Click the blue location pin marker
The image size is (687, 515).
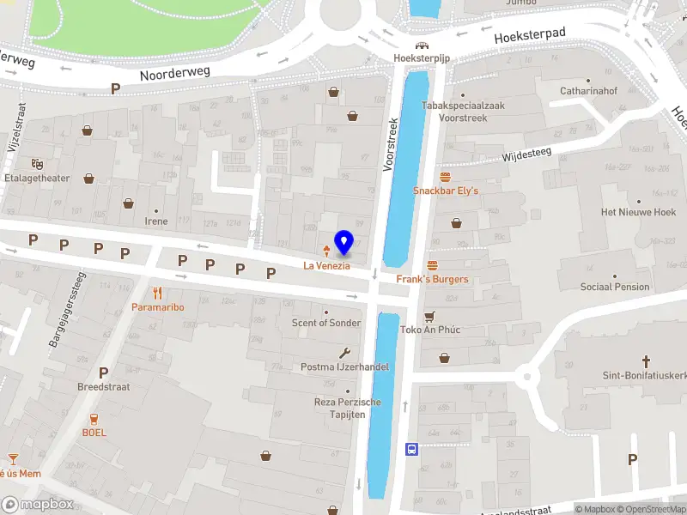(344, 243)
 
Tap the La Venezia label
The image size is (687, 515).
(326, 266)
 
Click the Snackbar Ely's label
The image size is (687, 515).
(445, 191)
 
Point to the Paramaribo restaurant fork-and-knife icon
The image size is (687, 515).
(157, 293)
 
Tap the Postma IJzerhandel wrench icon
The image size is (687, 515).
(345, 353)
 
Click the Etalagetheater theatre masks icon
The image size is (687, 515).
(37, 163)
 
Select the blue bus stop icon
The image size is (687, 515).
(412, 449)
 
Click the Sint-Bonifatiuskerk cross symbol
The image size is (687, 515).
(646, 361)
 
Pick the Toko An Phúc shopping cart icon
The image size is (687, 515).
(430, 316)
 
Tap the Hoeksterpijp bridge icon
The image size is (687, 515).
(422, 45)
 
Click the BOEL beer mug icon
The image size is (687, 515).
(94, 418)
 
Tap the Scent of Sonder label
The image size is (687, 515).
(326, 323)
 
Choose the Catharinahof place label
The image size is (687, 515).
(588, 89)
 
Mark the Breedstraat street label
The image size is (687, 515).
(103, 387)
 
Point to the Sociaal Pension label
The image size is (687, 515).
(615, 287)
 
